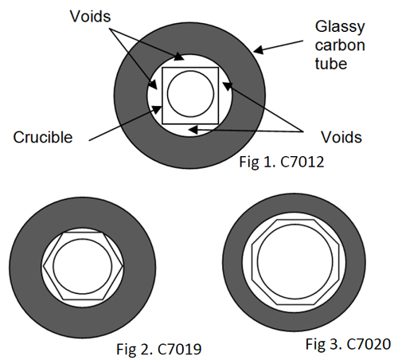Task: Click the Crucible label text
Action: (43, 137)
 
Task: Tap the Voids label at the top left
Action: (90, 17)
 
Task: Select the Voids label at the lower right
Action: (341, 137)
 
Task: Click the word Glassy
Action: (340, 27)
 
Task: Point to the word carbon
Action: (340, 45)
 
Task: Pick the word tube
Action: (331, 64)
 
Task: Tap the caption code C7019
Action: (180, 349)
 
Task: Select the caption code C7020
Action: (369, 344)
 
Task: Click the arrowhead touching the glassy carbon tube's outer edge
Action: (258, 49)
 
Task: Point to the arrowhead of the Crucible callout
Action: (157, 108)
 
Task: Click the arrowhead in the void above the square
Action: (179, 57)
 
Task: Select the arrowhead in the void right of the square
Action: (228, 86)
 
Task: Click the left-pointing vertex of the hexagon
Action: (43, 266)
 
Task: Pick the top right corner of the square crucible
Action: (218, 68)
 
